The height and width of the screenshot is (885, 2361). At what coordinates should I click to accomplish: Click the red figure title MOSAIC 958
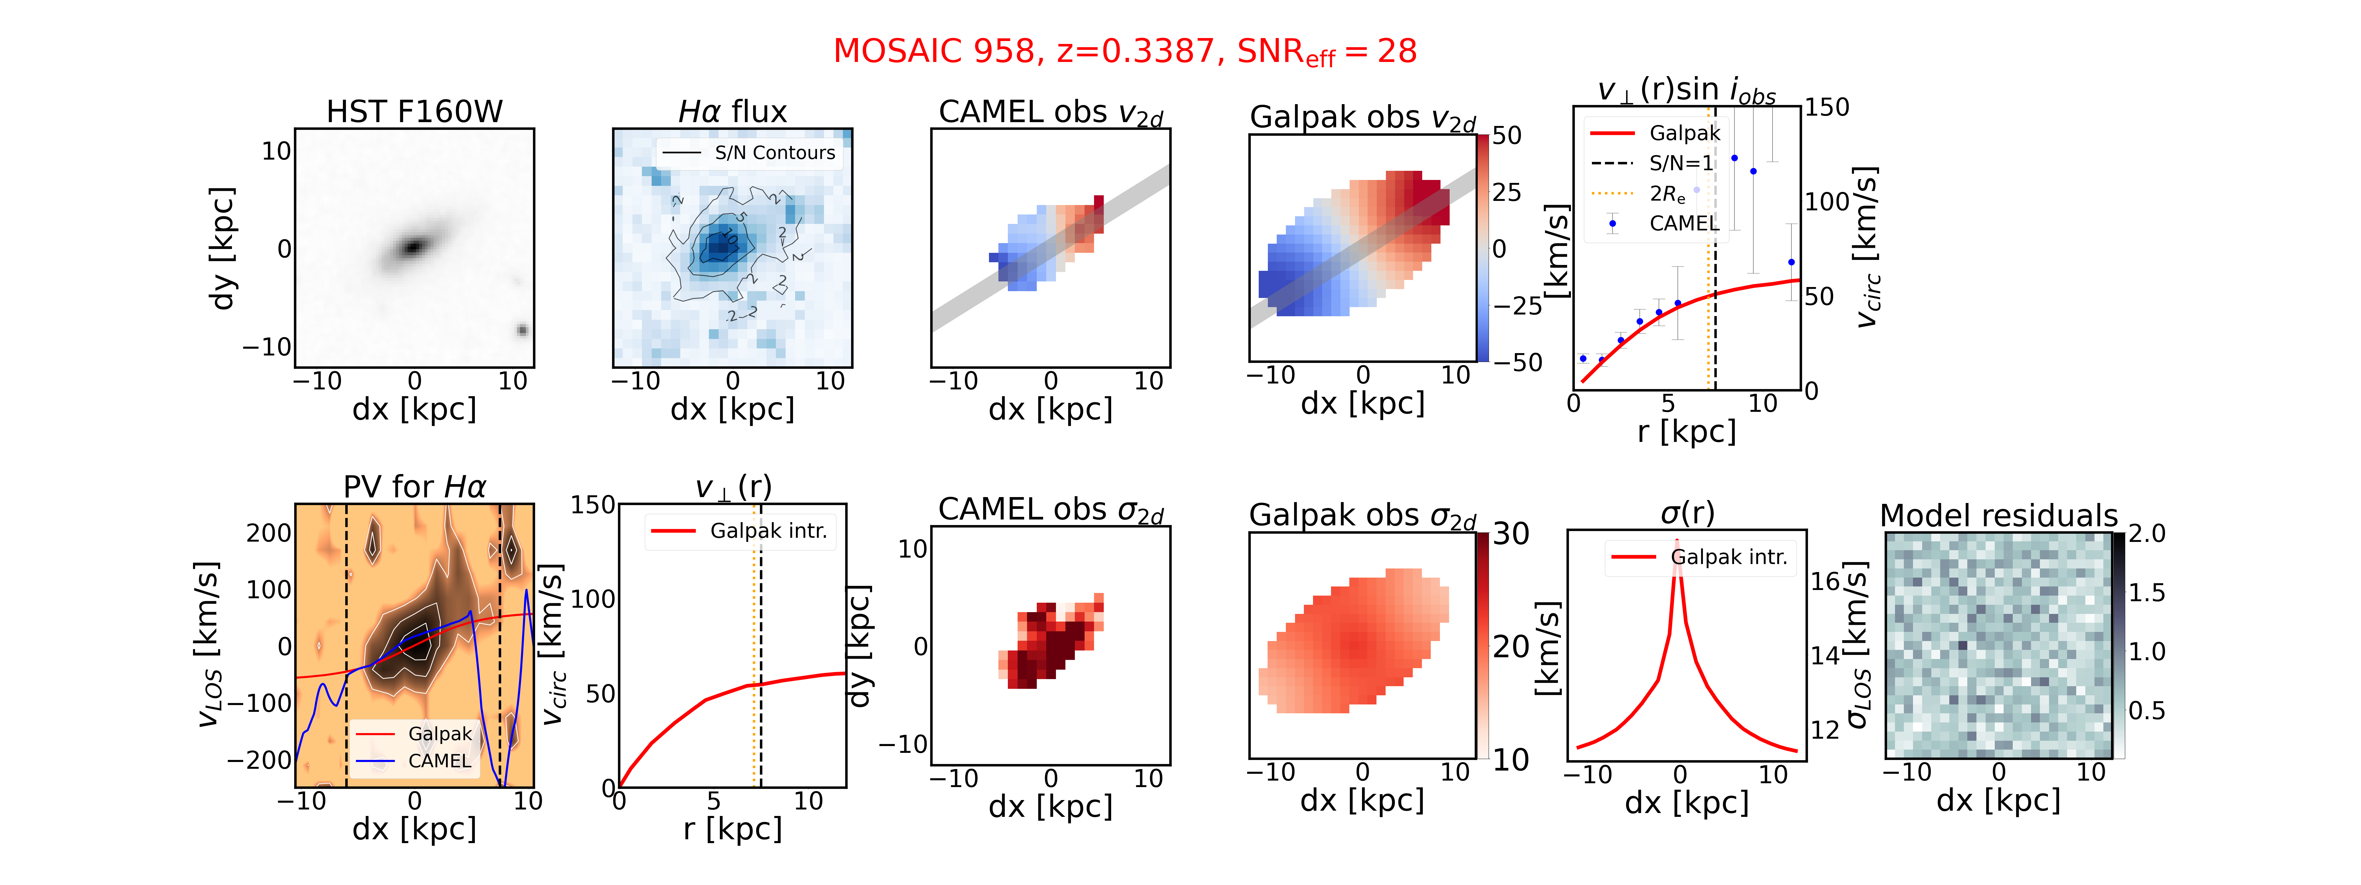[x=935, y=51]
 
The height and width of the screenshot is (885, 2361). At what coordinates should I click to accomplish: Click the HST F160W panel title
[x=414, y=112]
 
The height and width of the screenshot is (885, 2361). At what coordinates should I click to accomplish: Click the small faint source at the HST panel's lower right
[x=522, y=330]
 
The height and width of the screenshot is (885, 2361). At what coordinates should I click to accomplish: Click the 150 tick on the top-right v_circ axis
[x=1827, y=107]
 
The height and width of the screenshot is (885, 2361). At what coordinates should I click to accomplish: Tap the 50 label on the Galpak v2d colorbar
[x=1507, y=136]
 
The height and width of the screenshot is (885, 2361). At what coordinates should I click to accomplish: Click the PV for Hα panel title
[x=414, y=486]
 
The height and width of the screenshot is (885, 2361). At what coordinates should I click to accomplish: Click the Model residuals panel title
[x=1998, y=516]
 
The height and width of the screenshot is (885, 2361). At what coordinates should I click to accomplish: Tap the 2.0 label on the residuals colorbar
[x=2146, y=534]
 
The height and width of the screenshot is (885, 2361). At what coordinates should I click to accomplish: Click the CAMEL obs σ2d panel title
[x=1050, y=509]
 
